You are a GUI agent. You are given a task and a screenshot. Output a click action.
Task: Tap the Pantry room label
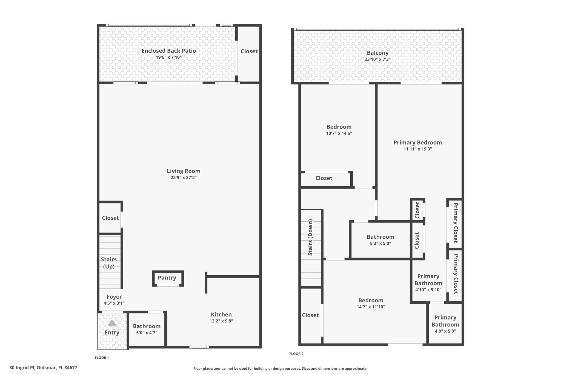(x=167, y=278)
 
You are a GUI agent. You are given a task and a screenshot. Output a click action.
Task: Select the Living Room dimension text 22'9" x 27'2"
(x=184, y=178)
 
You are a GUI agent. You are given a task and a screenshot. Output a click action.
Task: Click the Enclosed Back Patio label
(x=169, y=51)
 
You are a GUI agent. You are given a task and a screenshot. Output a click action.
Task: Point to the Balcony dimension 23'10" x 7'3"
(x=377, y=59)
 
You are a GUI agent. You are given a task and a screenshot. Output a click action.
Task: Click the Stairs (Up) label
(x=109, y=263)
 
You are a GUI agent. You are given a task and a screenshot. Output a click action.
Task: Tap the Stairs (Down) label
(x=310, y=237)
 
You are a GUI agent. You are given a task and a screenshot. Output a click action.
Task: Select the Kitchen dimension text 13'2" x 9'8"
(x=221, y=321)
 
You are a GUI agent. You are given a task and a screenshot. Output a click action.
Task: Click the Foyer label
(x=114, y=297)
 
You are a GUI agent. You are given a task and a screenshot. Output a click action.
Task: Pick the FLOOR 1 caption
(x=102, y=358)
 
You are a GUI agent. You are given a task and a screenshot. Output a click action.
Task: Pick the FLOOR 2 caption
(x=296, y=354)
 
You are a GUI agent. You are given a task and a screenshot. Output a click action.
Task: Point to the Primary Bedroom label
(x=418, y=142)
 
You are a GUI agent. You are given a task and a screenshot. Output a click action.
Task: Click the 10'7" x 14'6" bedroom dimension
(x=339, y=133)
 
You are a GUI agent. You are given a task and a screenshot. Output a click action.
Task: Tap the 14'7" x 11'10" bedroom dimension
(x=371, y=307)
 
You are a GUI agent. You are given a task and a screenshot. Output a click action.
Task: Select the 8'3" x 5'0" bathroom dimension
(x=380, y=243)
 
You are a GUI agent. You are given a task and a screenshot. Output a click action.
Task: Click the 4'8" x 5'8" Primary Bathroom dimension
(x=445, y=331)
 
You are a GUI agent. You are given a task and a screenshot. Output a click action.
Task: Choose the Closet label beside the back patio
(x=249, y=51)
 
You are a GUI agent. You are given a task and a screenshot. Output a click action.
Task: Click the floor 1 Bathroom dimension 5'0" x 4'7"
(x=147, y=333)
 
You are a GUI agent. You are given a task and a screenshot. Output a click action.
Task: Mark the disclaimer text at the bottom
(x=280, y=369)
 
